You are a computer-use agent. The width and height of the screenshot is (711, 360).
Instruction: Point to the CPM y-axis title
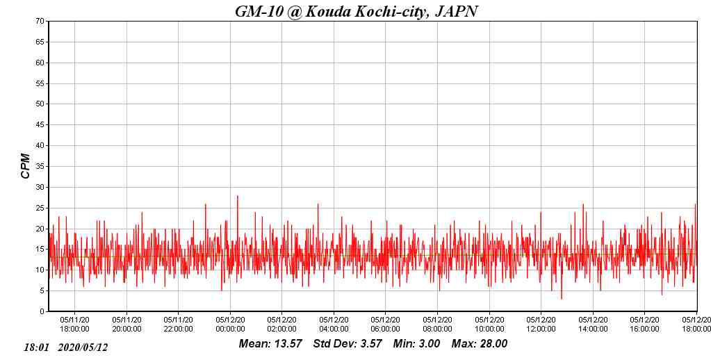(26, 166)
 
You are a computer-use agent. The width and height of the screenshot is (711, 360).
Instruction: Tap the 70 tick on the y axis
(40, 22)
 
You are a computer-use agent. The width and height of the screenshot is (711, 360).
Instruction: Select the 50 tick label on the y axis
(40, 104)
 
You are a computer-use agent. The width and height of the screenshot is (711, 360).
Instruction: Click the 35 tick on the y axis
(40, 167)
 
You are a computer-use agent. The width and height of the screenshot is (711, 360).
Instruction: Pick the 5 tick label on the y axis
(42, 291)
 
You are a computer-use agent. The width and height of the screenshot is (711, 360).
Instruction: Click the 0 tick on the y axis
(42, 312)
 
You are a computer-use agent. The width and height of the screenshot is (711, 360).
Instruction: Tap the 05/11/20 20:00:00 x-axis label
(126, 325)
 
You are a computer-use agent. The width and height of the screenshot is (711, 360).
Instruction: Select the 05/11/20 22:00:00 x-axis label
(178, 325)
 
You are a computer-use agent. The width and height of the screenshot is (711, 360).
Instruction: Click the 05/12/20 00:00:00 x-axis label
(230, 325)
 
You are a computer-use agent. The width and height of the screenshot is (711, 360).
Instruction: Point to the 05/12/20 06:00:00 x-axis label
(386, 325)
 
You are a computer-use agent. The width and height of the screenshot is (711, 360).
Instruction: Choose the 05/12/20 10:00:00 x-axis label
(489, 325)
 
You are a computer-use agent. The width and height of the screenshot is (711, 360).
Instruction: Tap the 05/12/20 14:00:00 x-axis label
(593, 325)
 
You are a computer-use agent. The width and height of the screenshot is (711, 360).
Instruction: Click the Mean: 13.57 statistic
(270, 344)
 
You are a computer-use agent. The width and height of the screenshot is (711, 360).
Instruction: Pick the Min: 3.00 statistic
(416, 344)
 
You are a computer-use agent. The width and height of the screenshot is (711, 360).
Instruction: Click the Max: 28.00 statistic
(480, 344)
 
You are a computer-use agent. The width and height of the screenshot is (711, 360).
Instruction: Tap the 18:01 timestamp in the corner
(36, 347)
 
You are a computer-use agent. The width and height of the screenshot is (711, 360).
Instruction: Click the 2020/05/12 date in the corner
(83, 347)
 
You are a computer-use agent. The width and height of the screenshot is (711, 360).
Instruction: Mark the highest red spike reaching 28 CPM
(237, 197)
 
